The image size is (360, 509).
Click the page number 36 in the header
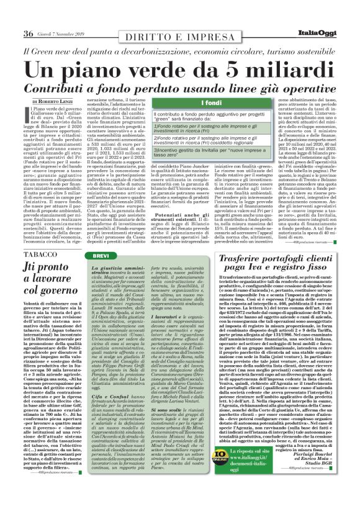(28, 33)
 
